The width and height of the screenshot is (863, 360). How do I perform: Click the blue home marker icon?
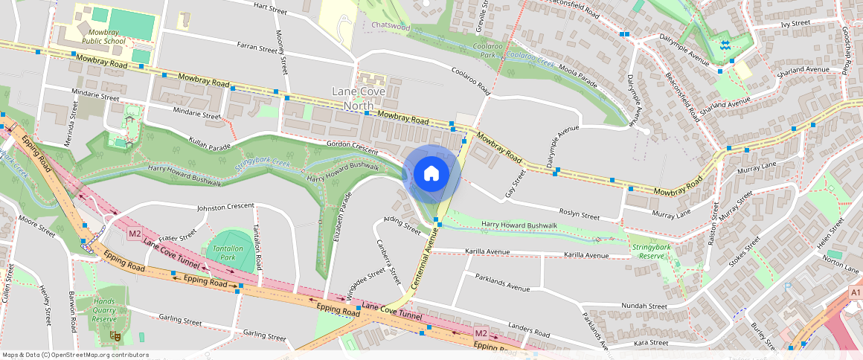[431, 174]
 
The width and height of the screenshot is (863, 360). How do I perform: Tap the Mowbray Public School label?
[104, 37]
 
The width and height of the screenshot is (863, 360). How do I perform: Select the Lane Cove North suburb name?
[362, 98]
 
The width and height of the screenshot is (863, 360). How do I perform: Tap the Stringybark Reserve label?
[651, 251]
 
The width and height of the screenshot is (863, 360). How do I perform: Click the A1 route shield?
[855, 295]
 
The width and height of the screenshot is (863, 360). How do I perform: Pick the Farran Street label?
[257, 48]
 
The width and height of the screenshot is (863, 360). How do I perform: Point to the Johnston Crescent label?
[226, 207]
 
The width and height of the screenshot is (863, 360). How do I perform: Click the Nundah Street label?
[644, 305]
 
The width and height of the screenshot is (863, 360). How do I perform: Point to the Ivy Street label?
[795, 23]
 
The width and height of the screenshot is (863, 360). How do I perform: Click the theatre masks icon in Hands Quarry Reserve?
[115, 336]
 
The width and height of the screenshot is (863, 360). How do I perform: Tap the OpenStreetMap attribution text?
[75, 355]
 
